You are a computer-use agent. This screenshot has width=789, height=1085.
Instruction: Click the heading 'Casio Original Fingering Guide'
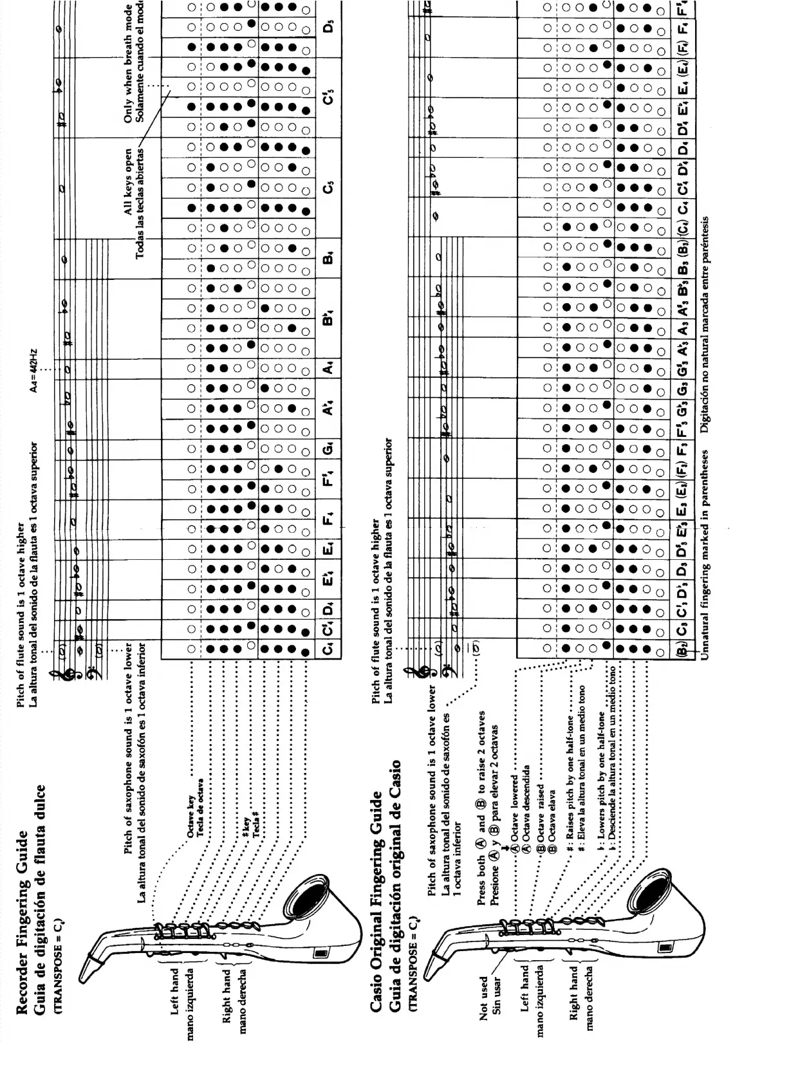pyautogui.click(x=378, y=902)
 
